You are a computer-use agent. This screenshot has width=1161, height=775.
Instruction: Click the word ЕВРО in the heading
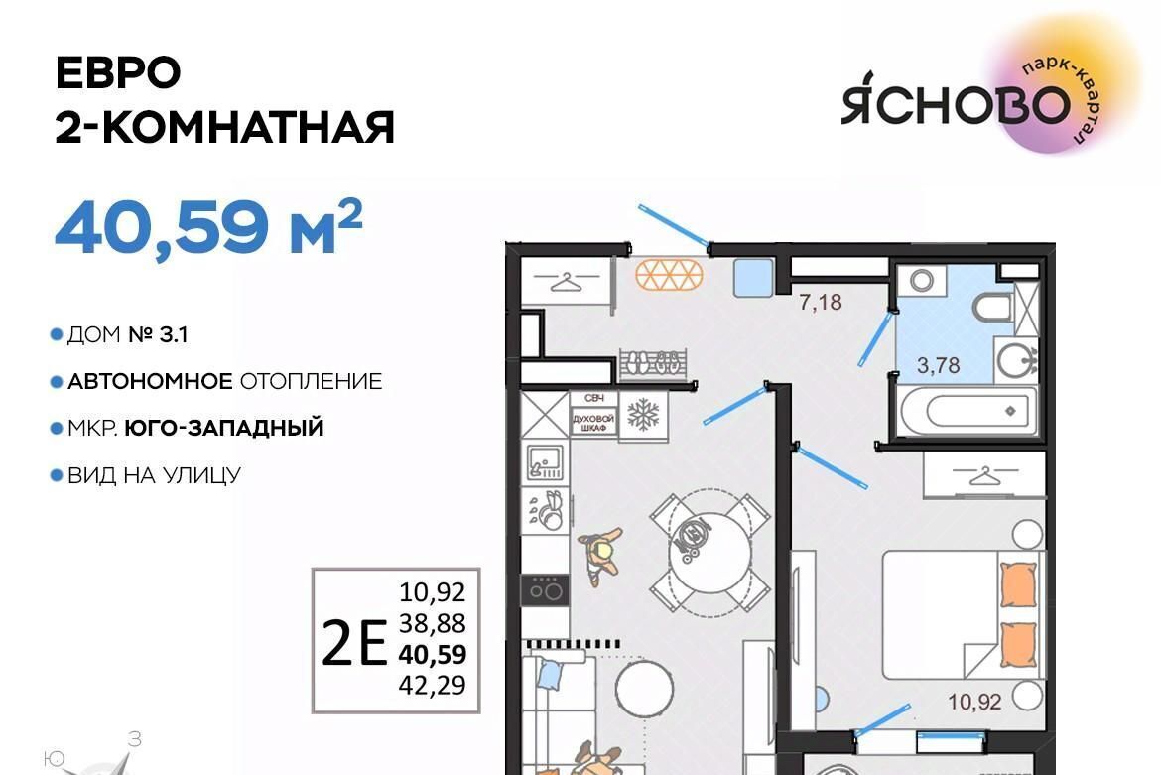point(118,72)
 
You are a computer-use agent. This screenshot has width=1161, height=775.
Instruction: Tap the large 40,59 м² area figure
point(208,226)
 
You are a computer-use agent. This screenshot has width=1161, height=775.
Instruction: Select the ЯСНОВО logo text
point(956,106)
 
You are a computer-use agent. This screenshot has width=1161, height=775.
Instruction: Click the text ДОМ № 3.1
point(127,335)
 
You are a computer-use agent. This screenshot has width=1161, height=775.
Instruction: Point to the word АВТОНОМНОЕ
point(150,382)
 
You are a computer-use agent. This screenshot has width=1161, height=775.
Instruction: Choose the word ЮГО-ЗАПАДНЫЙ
point(224,429)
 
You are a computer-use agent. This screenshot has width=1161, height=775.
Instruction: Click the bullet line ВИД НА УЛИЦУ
point(154,475)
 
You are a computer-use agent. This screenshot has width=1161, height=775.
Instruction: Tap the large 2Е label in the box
point(354,641)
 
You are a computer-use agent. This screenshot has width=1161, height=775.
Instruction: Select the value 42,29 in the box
point(433,685)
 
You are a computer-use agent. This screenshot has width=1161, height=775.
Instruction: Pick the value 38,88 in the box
point(433,624)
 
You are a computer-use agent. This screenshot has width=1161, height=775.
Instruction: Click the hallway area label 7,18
point(821,302)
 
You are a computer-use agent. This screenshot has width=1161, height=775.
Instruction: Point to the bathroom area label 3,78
point(938,365)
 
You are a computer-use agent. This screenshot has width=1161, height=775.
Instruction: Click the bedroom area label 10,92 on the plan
point(974,701)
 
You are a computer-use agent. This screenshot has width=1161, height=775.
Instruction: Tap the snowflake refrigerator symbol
point(643,415)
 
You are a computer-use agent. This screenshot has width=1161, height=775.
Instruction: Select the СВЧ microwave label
point(593,398)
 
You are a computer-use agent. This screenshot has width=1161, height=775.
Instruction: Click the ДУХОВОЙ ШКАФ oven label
point(593,423)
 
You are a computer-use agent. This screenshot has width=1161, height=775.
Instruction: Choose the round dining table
point(710,552)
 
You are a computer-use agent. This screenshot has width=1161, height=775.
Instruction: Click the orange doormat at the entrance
point(669,275)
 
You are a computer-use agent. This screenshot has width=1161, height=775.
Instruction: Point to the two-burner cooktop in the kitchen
point(545,590)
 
